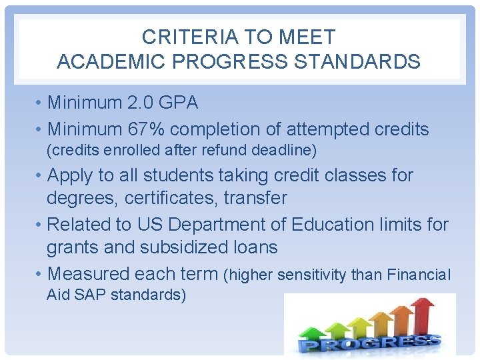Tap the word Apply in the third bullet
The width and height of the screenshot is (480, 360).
click(70, 175)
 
